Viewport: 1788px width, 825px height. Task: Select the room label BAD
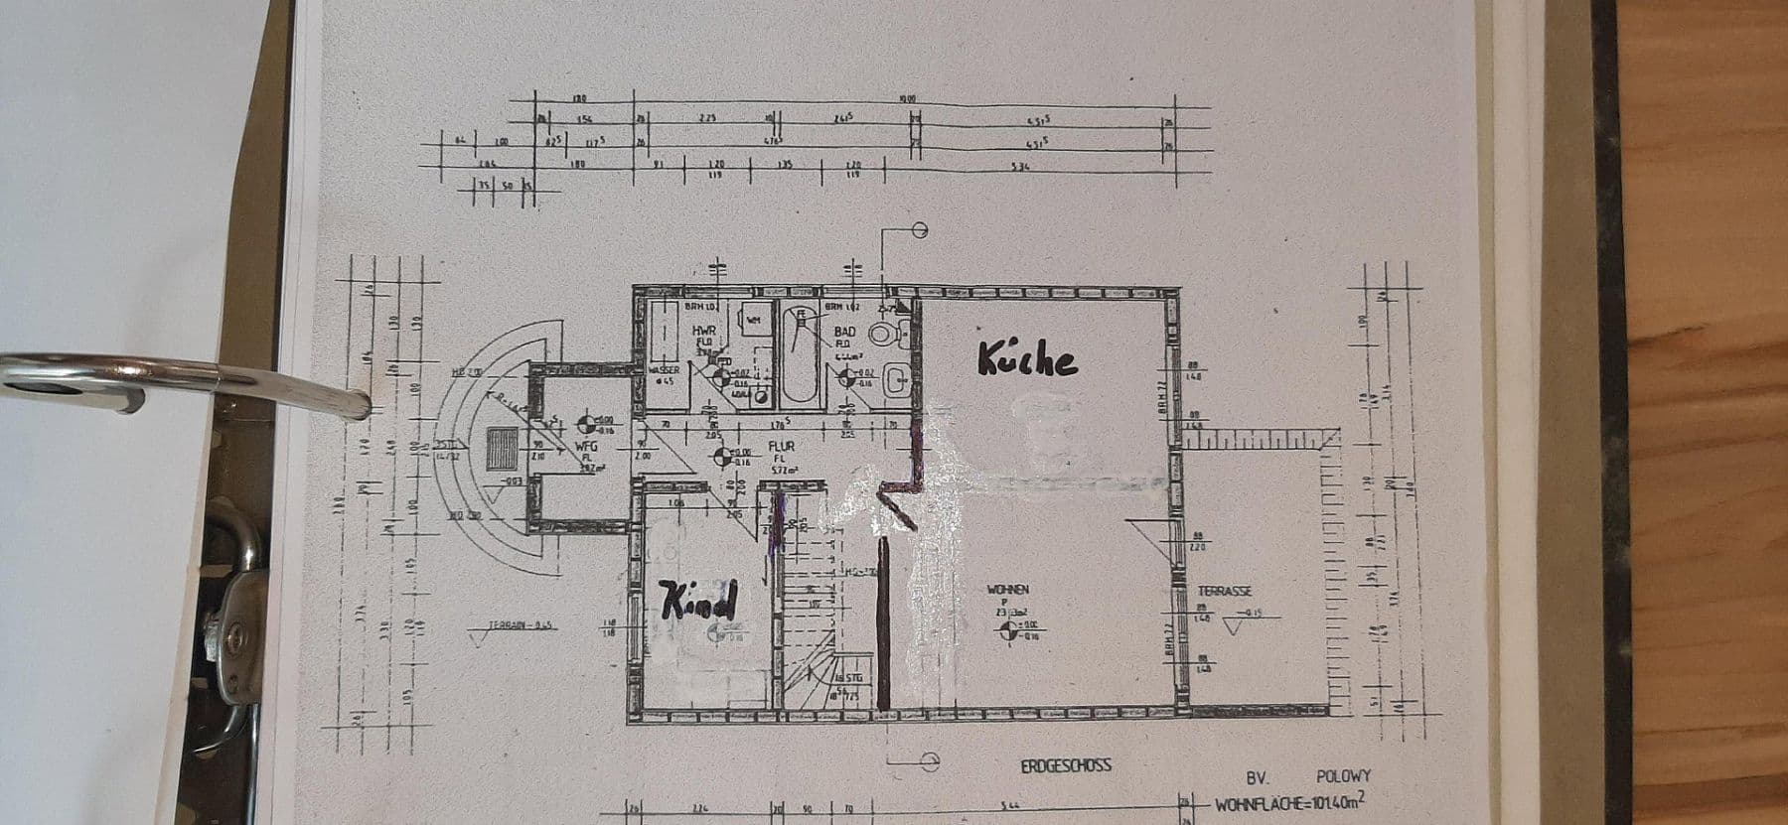click(844, 332)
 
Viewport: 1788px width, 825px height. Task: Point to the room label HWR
click(703, 331)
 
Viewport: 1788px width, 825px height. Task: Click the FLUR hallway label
click(781, 447)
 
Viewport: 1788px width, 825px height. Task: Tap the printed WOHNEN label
click(1007, 590)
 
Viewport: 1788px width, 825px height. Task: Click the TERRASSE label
click(1224, 591)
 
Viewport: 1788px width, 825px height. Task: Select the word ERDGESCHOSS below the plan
click(1066, 765)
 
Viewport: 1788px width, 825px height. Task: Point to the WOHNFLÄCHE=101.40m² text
click(1291, 803)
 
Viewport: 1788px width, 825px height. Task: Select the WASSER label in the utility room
click(663, 370)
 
